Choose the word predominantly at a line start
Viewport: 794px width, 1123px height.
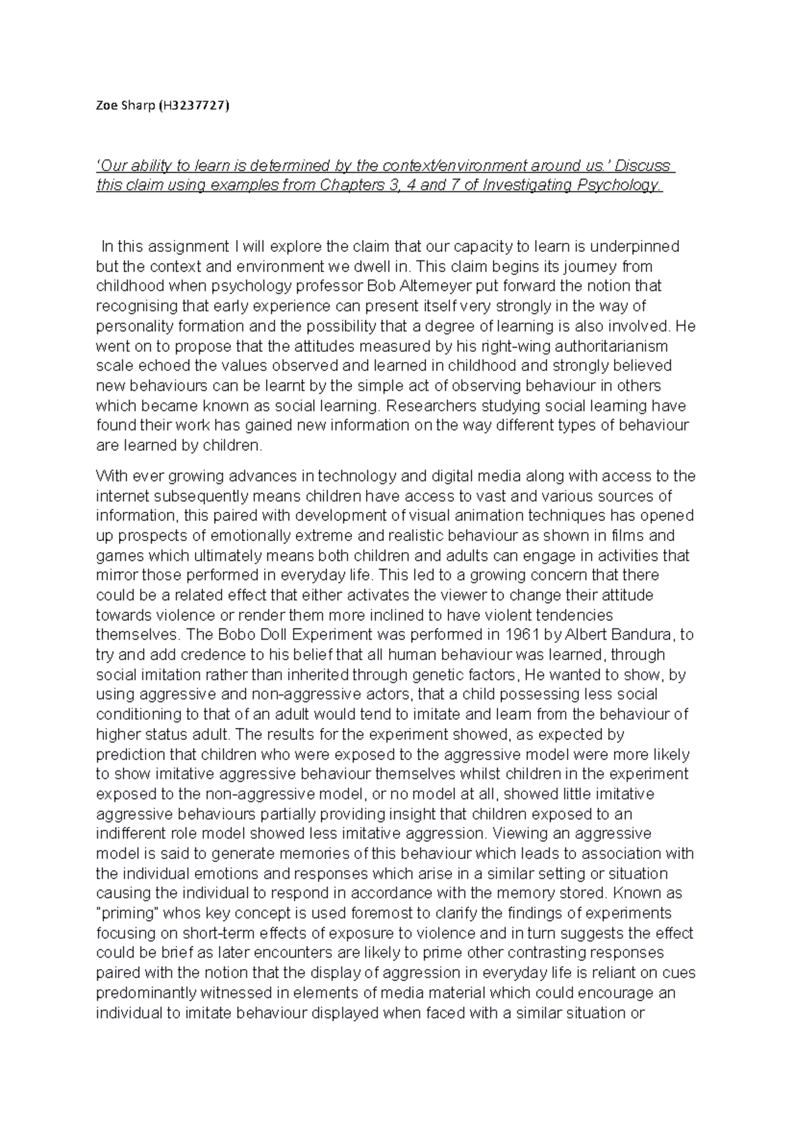click(x=146, y=993)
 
